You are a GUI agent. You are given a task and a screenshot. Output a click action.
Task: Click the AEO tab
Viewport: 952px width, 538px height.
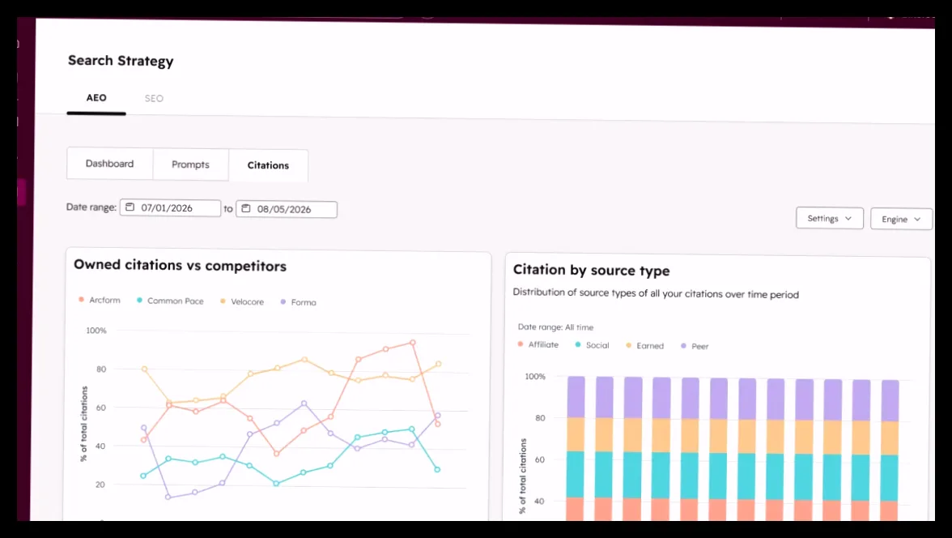[x=96, y=98]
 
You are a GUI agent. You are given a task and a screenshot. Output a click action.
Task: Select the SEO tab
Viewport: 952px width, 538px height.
[x=154, y=99]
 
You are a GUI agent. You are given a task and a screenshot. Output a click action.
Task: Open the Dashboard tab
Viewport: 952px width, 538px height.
[x=109, y=164]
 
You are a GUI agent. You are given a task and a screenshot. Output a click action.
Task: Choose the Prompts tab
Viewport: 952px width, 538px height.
[x=190, y=164]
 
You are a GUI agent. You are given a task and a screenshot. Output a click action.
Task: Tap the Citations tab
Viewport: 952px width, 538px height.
[x=268, y=165]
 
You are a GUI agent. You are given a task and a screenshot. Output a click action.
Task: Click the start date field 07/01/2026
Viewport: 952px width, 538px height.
[x=170, y=208]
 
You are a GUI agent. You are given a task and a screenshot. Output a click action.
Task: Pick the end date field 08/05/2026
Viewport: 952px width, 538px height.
[x=286, y=209]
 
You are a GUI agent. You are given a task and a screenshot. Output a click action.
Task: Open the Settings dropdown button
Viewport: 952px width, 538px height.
[x=829, y=218]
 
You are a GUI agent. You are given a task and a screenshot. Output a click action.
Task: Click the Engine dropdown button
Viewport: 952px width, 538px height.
[x=901, y=219]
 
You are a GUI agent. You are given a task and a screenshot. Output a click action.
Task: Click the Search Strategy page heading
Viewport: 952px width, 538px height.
[x=121, y=61]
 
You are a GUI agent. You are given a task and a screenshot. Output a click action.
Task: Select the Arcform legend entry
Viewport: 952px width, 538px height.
[x=100, y=300]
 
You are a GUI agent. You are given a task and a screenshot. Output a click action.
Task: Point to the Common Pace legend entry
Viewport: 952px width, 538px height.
[x=170, y=301]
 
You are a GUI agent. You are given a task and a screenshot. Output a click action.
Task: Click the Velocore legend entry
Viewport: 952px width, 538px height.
[x=241, y=301]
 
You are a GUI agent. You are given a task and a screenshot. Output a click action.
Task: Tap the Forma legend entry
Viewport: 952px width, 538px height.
[x=298, y=302]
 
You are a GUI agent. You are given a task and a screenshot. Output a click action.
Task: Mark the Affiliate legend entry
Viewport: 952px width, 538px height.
[x=538, y=344]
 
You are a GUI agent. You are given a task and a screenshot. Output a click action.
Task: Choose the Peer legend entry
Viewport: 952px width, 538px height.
[x=695, y=346]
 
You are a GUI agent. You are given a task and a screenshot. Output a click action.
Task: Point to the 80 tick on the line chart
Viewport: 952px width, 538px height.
[x=100, y=369]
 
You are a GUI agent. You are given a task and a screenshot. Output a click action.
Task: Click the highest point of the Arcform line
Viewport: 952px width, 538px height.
[x=413, y=343]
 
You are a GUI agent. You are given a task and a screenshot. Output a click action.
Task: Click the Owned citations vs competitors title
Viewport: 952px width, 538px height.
[x=180, y=266]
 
